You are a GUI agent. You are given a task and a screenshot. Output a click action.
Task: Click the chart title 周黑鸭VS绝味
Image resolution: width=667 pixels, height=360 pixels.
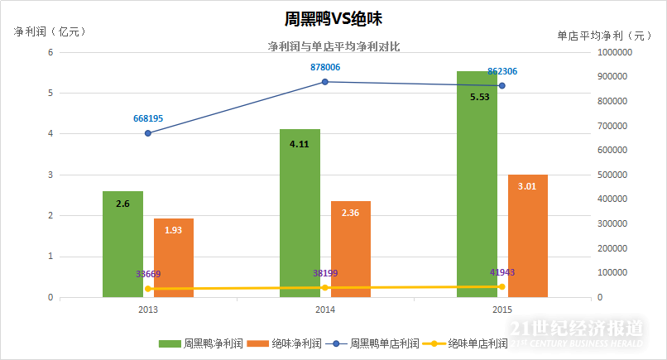coord(333,18)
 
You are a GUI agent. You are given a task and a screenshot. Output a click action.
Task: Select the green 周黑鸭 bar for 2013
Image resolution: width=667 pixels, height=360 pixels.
coord(123,244)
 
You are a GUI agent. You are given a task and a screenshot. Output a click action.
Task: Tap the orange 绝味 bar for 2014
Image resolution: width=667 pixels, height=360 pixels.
coord(351,249)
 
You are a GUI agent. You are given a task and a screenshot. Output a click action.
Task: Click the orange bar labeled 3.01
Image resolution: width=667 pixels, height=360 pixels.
coord(528,236)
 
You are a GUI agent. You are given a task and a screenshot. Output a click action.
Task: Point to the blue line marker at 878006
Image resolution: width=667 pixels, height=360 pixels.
coord(325,82)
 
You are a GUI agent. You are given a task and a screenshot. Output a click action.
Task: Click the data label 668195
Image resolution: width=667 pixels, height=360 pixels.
coord(148,118)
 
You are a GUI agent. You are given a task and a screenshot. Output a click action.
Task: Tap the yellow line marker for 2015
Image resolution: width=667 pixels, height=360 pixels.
coord(501,286)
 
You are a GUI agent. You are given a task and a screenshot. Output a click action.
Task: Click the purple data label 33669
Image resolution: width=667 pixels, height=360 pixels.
coord(148,274)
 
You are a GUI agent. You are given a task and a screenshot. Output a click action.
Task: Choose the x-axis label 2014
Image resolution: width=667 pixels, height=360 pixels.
coord(324,310)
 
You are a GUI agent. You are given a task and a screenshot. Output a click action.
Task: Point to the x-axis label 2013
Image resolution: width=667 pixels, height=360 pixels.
coord(148,310)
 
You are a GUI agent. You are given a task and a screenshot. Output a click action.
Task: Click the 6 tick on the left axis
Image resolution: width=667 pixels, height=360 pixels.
coord(50,52)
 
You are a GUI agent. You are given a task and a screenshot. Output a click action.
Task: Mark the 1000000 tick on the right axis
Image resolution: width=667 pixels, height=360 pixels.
coord(613,52)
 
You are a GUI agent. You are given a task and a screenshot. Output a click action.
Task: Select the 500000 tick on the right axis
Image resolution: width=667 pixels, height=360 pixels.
coord(611,175)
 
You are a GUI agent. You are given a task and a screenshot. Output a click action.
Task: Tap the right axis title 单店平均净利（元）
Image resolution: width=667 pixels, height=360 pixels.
coord(605,36)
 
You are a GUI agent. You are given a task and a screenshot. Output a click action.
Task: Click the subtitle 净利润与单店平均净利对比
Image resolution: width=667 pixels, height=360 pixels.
coord(333,47)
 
